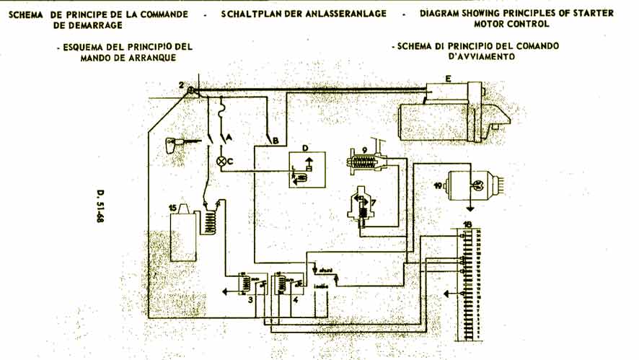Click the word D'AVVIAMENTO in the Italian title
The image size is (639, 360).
[477, 57]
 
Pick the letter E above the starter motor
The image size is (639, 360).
[448, 77]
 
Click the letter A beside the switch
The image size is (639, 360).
[230, 136]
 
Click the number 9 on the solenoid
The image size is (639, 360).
[365, 150]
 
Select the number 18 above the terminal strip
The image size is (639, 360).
[469, 225]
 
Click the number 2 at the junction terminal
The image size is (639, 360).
[183, 86]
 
